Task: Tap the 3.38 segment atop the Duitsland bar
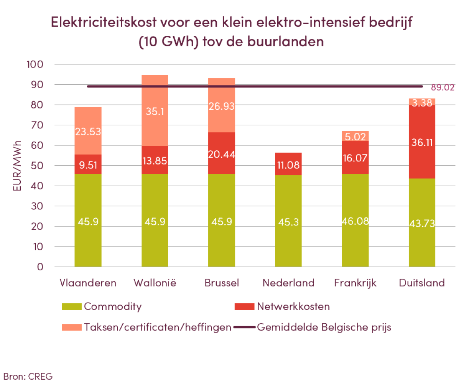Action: pyautogui.click(x=422, y=102)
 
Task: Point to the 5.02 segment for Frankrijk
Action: pyautogui.click(x=355, y=136)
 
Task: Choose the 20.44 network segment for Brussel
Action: pyautogui.click(x=221, y=155)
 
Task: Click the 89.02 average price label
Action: pyautogui.click(x=443, y=88)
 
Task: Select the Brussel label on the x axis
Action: pyautogui.click(x=221, y=283)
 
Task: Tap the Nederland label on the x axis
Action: pyautogui.click(x=288, y=283)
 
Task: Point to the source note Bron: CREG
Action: pyautogui.click(x=28, y=376)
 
